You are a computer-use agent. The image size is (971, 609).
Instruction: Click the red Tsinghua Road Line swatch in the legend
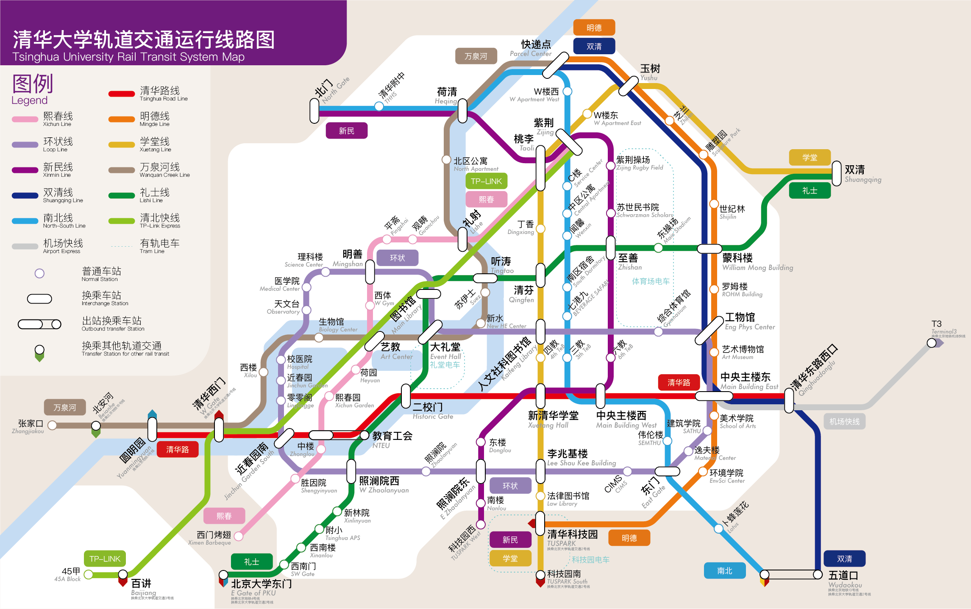point(121,94)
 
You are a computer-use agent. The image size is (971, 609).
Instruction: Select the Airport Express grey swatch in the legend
point(25,247)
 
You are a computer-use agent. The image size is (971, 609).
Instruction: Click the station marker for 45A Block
point(89,575)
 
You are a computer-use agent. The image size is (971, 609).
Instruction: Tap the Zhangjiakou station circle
point(52,425)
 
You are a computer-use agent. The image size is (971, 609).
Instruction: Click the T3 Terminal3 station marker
point(932,343)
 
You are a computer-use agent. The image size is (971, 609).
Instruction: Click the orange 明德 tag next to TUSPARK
point(629,538)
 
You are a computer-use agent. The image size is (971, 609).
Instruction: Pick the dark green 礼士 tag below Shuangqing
point(810,191)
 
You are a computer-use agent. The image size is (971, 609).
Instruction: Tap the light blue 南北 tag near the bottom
point(725,571)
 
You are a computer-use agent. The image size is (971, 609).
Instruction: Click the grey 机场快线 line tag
point(844,422)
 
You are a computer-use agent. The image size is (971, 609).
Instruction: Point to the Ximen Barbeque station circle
point(239,537)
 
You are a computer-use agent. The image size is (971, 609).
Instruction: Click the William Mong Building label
point(757,262)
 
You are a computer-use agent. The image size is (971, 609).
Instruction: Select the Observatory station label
point(284,307)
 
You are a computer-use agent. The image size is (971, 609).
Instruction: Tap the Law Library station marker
point(540,496)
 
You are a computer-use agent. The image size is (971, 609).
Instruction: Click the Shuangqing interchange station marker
point(837,173)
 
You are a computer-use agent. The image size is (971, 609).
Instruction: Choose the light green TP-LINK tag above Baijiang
point(105,559)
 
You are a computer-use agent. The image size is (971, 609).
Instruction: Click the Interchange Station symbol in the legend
point(39,299)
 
